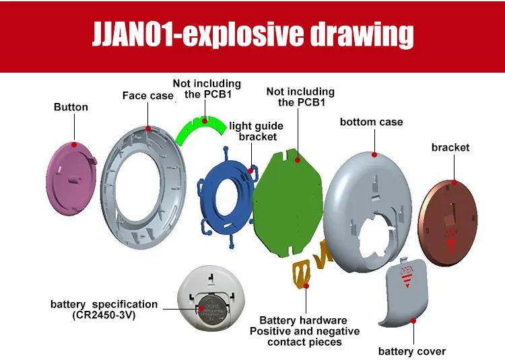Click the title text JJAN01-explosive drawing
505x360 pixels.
[252, 34]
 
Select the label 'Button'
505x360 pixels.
[71, 107]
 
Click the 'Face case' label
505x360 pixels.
[148, 96]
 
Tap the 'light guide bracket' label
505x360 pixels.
[257, 131]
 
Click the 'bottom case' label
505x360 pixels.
[371, 122]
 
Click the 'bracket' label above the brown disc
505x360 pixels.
[450, 147]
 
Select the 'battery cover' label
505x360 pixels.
[412, 351]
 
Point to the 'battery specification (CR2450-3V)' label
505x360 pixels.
[104, 310]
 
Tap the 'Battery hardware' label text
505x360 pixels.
[304, 320]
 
